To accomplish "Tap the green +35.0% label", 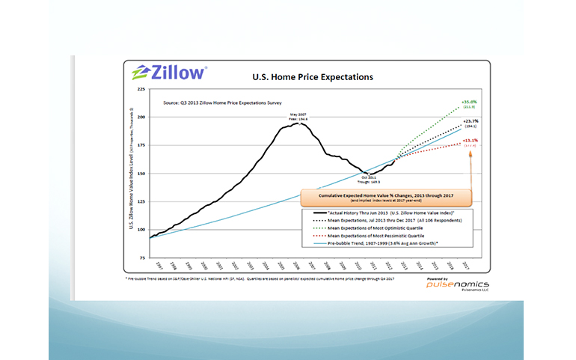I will click(x=470, y=103).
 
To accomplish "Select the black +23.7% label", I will click(x=470, y=121).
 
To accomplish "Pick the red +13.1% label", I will click(x=469, y=141).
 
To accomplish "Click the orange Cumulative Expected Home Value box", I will click(x=386, y=198).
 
